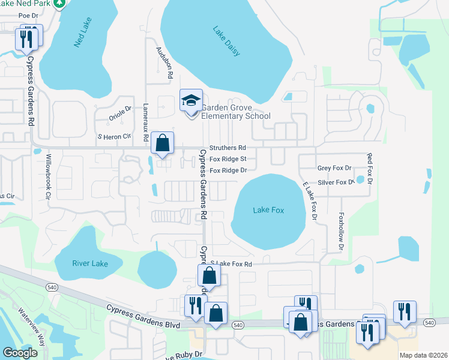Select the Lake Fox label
click(x=268, y=210)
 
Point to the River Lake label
click(x=89, y=262)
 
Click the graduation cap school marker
click(x=191, y=101)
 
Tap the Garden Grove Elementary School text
click(x=235, y=112)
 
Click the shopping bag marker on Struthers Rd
click(x=162, y=143)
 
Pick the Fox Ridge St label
click(x=228, y=159)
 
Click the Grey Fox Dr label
click(x=334, y=169)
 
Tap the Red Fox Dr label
click(x=370, y=168)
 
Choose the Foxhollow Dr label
click(x=340, y=231)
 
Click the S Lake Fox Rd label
click(x=231, y=264)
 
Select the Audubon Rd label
click(x=164, y=63)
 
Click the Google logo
click(x=20, y=353)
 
